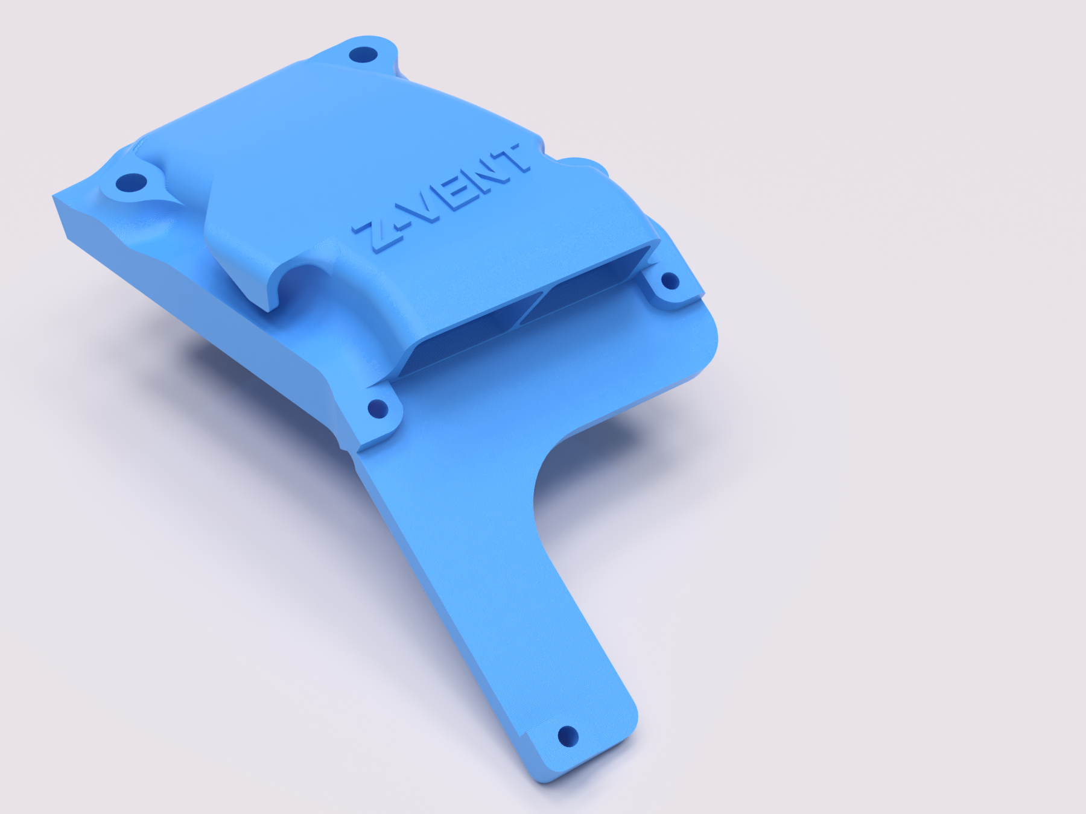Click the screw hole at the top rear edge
[x=364, y=56]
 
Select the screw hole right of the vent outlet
[x=670, y=281]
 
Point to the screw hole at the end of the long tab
[x=567, y=736]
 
